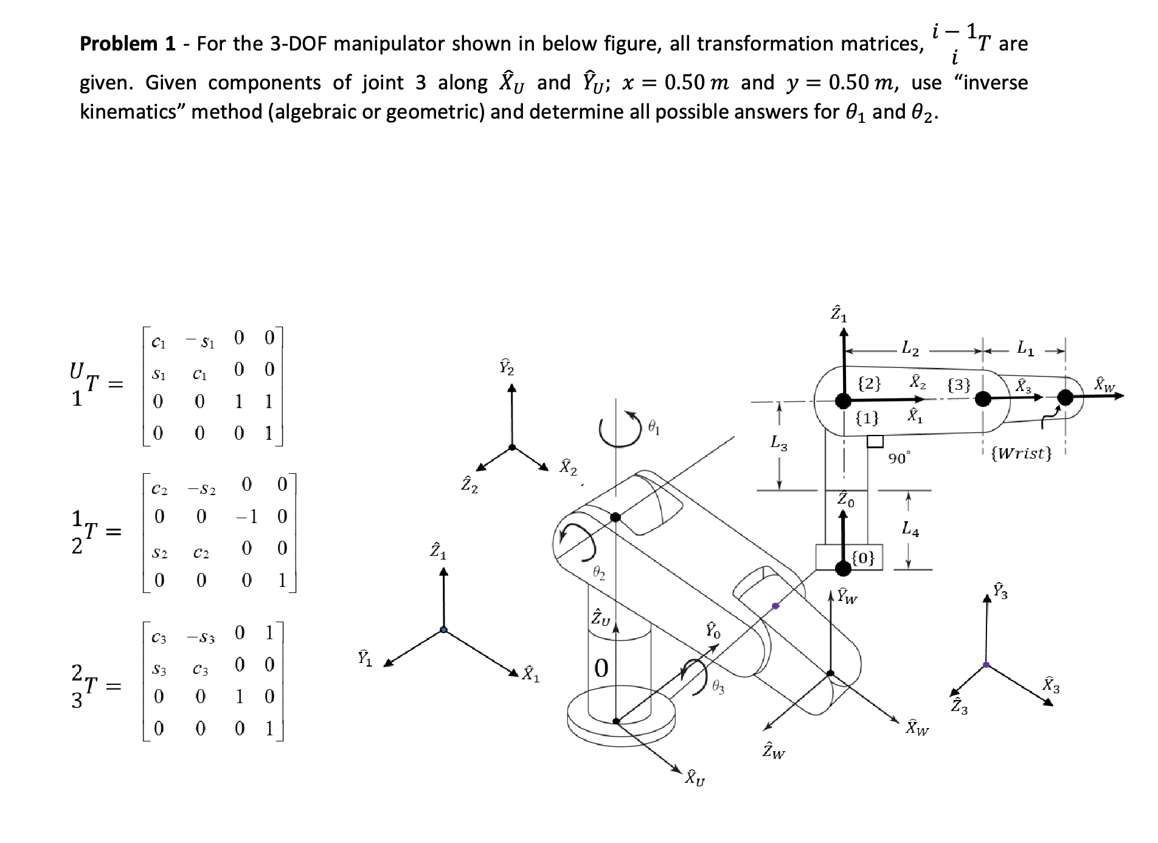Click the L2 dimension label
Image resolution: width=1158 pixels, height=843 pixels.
click(x=910, y=349)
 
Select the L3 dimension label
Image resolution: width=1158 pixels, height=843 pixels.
click(x=779, y=443)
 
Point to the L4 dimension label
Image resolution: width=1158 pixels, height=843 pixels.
click(x=910, y=530)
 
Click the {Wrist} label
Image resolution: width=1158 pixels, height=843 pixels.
click(x=1021, y=453)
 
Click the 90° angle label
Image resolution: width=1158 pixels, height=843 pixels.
click(x=900, y=458)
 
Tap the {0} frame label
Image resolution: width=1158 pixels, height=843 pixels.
click(x=864, y=557)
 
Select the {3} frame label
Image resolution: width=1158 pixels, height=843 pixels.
click(x=959, y=384)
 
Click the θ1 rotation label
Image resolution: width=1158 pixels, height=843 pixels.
click(x=653, y=428)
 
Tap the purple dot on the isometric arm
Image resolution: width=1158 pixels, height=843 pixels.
click(x=775, y=606)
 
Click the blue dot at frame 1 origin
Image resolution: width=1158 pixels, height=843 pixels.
click(x=444, y=630)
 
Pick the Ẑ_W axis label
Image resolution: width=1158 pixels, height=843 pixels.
click(x=774, y=752)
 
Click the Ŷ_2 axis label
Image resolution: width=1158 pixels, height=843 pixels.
click(x=507, y=367)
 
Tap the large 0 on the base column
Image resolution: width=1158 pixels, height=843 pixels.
click(x=601, y=668)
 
